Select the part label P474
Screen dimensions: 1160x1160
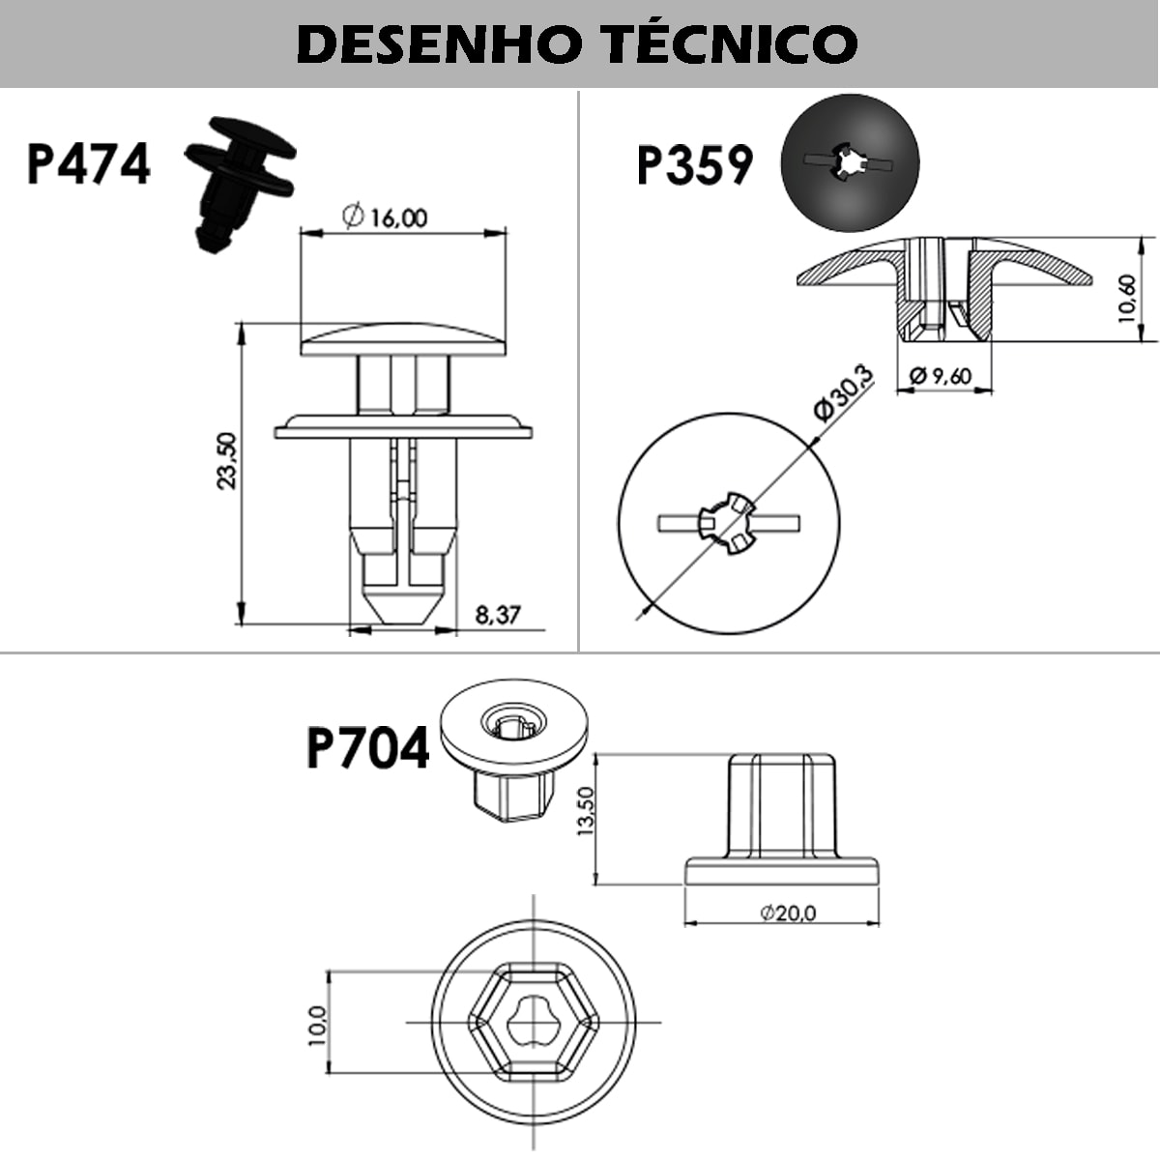[x=89, y=163]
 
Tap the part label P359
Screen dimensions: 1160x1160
[x=695, y=164]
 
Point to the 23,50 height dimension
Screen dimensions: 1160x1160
[x=226, y=461]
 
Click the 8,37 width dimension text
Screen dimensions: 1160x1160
[x=499, y=614]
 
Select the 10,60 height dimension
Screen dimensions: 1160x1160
[x=1127, y=298]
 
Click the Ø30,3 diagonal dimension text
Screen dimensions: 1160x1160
[x=843, y=394]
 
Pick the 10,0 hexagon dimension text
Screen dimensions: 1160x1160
[x=316, y=1024]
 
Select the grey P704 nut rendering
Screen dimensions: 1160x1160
[x=512, y=744]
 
